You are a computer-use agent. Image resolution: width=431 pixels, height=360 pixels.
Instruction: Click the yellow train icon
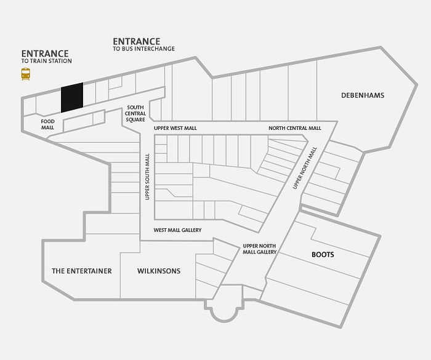[26, 74]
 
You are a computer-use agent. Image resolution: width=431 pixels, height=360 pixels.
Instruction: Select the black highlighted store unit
[72, 98]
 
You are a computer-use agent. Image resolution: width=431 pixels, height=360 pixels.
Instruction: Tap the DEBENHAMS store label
[363, 95]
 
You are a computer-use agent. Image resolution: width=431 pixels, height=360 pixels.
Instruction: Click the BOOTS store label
[323, 255]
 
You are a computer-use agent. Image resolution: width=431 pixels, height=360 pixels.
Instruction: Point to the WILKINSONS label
[159, 271]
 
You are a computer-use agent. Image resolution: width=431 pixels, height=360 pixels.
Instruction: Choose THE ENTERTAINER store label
[82, 271]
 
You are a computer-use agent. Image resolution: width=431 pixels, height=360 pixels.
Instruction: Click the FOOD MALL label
[48, 124]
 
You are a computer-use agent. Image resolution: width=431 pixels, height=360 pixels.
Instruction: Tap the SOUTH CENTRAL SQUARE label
[135, 113]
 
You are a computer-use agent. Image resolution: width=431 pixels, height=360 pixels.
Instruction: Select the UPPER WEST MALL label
[175, 129]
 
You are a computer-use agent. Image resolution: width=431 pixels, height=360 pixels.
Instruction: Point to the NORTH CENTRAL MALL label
[295, 128]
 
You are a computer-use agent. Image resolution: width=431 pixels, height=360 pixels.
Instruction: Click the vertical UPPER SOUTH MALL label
[147, 177]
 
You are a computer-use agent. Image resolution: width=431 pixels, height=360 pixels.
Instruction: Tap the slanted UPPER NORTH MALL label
[305, 168]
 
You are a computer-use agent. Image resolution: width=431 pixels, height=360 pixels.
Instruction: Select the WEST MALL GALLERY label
[177, 230]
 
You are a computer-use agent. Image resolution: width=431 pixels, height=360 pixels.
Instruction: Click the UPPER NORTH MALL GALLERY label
[259, 249]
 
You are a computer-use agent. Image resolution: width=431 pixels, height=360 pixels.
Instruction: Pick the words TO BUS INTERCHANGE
[143, 49]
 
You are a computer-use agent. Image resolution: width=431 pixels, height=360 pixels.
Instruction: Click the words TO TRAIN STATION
[47, 61]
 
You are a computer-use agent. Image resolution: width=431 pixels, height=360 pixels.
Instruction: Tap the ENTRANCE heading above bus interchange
[137, 41]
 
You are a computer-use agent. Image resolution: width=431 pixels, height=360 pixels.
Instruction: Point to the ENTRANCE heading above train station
[45, 54]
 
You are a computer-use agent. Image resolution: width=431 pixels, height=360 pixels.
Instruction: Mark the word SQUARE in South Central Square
[135, 119]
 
